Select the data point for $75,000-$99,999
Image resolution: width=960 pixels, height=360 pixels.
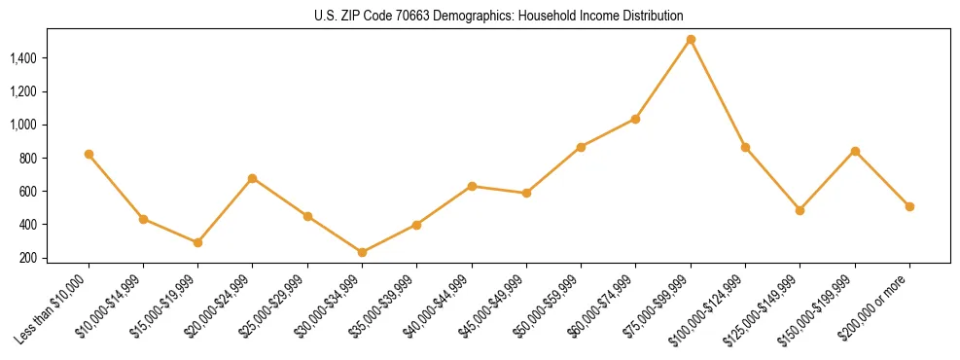click(691, 40)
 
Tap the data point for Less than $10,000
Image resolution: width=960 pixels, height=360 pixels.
click(89, 154)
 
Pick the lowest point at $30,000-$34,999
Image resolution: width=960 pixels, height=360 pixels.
click(362, 252)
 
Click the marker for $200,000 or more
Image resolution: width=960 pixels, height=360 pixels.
click(909, 206)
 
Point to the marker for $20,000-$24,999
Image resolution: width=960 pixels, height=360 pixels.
click(253, 178)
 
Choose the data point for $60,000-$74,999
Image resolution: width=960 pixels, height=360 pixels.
click(635, 119)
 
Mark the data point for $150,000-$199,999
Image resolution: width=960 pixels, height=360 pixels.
click(855, 151)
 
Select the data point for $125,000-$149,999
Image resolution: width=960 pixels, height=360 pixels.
click(800, 210)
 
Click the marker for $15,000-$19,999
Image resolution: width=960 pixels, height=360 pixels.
click(197, 242)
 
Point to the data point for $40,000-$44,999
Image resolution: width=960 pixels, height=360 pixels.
click(472, 186)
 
